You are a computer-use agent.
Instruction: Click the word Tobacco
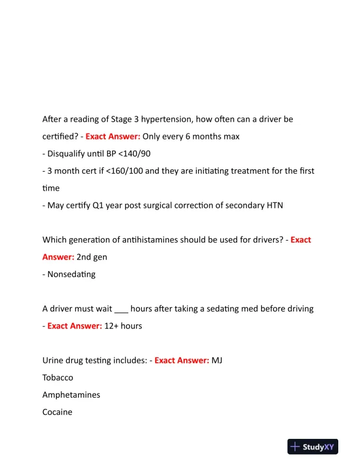tap(58, 378)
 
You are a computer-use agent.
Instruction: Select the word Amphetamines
tap(71, 395)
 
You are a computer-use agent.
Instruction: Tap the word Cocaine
tap(57, 412)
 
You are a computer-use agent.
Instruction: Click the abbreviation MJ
tap(216, 360)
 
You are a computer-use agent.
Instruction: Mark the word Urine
tap(54, 360)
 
